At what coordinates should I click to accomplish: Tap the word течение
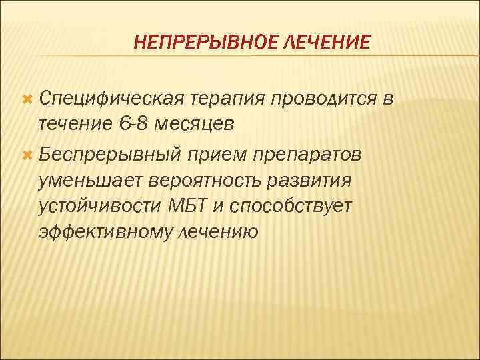click(74, 124)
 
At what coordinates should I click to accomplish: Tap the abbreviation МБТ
click(188, 206)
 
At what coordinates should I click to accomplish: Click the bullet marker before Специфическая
click(27, 100)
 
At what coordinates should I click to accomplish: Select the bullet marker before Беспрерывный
click(27, 155)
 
